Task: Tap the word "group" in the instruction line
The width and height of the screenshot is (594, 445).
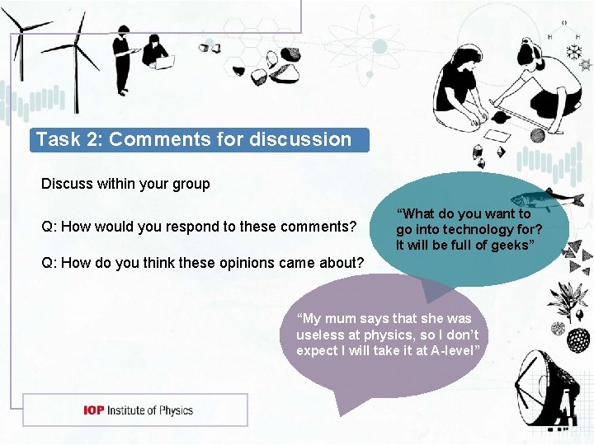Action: click(x=191, y=184)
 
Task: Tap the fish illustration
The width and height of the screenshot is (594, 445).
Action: click(x=535, y=198)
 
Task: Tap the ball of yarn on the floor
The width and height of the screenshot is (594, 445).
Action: click(x=537, y=135)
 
